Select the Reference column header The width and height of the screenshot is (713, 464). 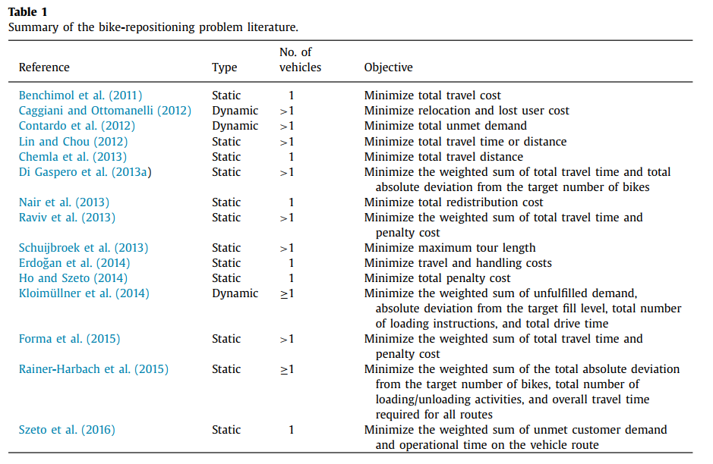point(44,67)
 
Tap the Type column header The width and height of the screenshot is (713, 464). point(224,67)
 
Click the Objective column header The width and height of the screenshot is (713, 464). point(388,67)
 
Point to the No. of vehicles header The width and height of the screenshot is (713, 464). point(300,60)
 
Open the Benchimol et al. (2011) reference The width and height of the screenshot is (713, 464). point(80,96)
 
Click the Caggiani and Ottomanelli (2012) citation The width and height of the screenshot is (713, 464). point(104,111)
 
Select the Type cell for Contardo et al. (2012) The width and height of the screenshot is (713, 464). point(235,126)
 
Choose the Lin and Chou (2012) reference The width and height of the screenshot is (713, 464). point(73,142)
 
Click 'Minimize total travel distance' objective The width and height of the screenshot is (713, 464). point(443,157)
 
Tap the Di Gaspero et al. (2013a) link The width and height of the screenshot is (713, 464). point(85,172)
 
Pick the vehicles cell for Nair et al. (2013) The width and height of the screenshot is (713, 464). point(291,202)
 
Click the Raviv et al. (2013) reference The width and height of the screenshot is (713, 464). point(67,218)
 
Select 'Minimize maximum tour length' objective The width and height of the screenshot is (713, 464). point(450,248)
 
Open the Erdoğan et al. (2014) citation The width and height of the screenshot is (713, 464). point(74,263)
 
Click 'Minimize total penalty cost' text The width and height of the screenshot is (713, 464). point(437,278)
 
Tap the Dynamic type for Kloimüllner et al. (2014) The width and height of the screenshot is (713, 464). point(235,293)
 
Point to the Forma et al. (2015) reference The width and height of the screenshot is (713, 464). point(69,339)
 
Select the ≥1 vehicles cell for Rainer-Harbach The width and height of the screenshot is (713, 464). point(287,369)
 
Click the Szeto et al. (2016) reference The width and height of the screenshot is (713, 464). point(67,430)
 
